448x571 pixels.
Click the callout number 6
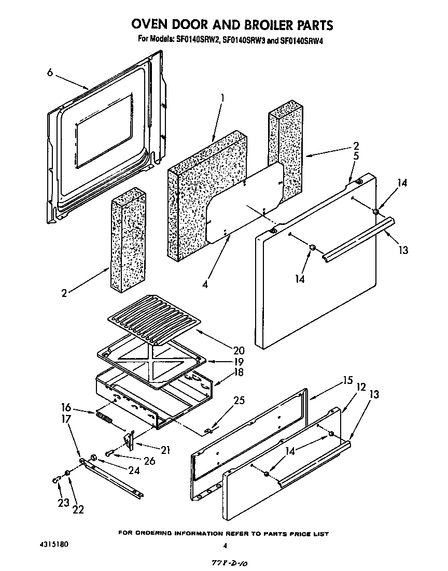click(x=50, y=73)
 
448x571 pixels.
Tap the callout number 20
click(x=225, y=350)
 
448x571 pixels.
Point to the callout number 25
click(x=226, y=401)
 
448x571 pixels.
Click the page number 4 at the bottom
click(x=225, y=546)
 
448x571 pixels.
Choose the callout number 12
click(x=361, y=387)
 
